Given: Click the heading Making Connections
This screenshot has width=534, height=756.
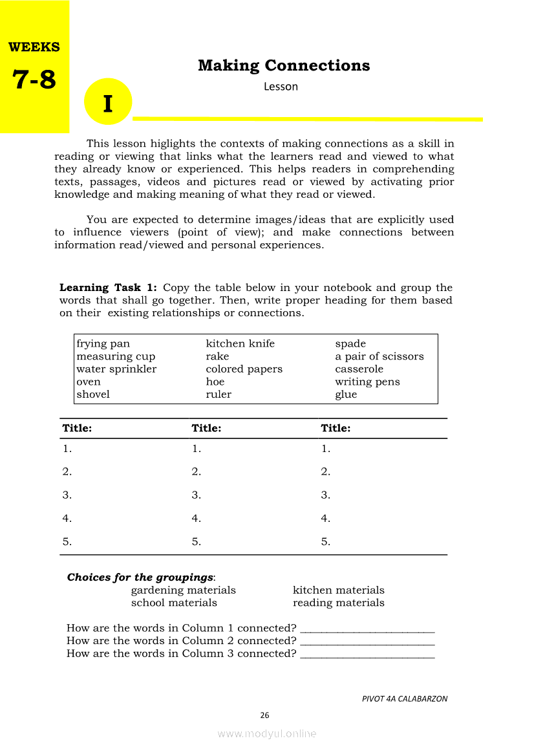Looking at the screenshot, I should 284,65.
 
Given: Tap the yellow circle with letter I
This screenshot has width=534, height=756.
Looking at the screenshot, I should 108,102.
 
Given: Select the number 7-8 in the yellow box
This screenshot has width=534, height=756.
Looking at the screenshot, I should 34,80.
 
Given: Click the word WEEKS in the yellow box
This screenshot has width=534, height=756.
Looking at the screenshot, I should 34,47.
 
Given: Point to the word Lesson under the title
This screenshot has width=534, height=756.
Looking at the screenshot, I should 281,87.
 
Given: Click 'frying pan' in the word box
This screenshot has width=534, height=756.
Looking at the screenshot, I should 103,343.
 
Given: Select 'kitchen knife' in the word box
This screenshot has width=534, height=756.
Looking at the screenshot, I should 240,343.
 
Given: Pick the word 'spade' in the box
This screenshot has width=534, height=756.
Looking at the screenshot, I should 350,343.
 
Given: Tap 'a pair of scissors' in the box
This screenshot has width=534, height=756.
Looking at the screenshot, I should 379,356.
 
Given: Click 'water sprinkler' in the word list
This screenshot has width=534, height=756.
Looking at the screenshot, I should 116,369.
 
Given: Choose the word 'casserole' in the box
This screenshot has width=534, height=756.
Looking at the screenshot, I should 359,369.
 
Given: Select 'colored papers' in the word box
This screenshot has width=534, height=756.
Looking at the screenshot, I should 244,369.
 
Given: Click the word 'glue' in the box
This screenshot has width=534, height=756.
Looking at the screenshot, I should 346,394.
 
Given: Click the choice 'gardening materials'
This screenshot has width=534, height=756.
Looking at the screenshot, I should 183,590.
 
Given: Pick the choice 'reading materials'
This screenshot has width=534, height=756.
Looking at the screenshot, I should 338,603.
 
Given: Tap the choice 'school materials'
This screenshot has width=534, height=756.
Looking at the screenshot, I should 174,603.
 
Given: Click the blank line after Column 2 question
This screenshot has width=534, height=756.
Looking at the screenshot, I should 368,643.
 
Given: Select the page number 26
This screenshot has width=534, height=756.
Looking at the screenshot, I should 264,715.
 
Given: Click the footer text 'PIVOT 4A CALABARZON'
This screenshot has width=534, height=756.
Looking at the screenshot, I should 404,698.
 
